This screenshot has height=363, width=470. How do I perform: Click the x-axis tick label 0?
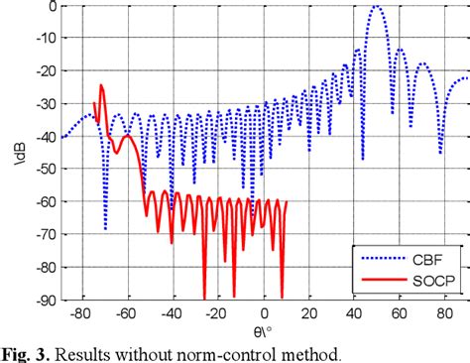263,311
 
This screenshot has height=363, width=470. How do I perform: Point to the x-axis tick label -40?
171,311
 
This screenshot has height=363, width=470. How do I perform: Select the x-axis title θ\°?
263,328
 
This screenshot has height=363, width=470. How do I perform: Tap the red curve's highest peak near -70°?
101,86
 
